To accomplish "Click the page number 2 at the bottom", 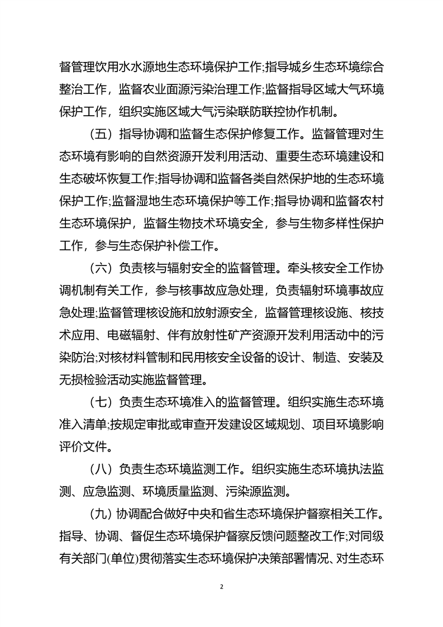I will (222, 587).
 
